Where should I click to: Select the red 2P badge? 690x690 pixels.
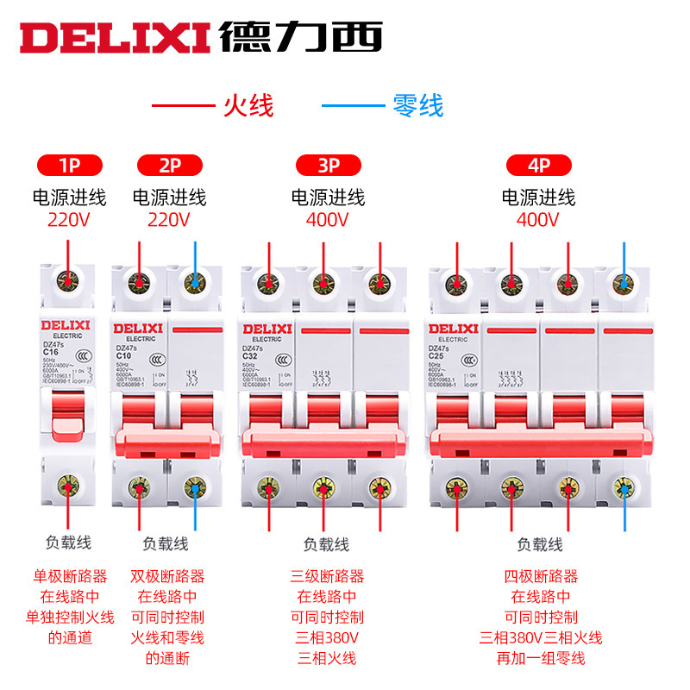point(170,165)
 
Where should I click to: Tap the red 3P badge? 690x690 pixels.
point(328,165)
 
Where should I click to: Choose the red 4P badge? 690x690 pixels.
point(539,165)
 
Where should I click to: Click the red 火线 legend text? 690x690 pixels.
point(248,106)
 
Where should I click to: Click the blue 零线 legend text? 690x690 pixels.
point(418,106)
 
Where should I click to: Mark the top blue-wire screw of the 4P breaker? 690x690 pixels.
point(625,283)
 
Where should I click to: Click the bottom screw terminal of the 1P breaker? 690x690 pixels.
point(69,486)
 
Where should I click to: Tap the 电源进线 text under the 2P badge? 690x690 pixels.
point(170,198)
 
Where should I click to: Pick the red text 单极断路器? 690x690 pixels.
point(71,576)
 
